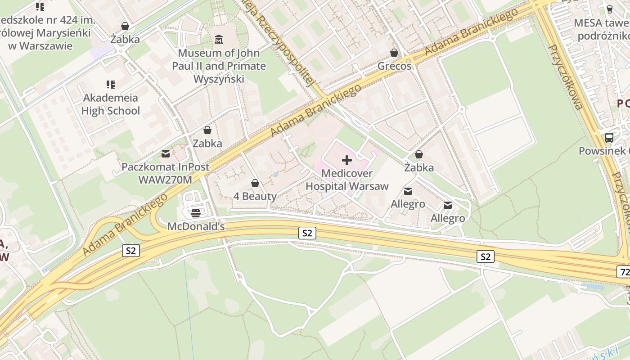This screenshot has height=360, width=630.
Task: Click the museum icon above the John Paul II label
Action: click(x=219, y=40)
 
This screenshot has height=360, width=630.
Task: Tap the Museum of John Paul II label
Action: click(x=219, y=66)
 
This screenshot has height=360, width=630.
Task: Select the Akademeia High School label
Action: click(x=111, y=104)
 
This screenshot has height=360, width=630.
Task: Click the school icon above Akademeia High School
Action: click(x=111, y=84)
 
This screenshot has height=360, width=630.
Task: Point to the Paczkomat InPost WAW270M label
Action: click(x=165, y=173)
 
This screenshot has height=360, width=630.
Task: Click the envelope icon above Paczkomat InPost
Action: click(x=166, y=154)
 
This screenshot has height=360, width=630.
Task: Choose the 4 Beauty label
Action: click(x=255, y=196)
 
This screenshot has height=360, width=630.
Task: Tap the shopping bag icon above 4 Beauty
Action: click(x=255, y=183)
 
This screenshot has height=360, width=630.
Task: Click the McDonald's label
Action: click(x=196, y=226)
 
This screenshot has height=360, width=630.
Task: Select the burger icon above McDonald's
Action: click(x=195, y=213)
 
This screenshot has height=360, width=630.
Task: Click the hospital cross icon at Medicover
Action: click(x=347, y=160)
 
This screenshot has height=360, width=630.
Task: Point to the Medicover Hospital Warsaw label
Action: click(x=347, y=180)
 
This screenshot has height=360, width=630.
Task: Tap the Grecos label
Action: click(x=394, y=66)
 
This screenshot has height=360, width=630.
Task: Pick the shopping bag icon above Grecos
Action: click(x=394, y=53)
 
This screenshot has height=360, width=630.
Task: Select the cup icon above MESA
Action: click(x=610, y=9)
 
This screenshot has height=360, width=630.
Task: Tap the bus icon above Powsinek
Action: click(x=609, y=138)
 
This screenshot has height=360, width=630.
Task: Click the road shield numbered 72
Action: click(x=624, y=272)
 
